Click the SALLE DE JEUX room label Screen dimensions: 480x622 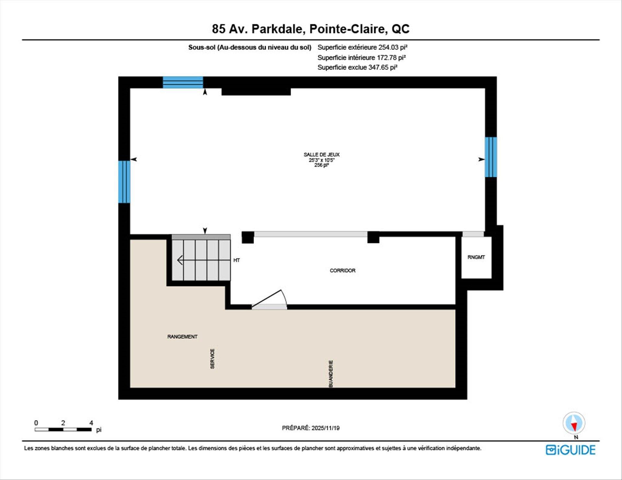point(321,155)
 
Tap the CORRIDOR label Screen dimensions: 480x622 point(342,271)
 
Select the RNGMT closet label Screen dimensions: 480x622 point(476,257)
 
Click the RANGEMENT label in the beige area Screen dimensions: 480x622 point(182,337)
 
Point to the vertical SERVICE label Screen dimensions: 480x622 point(213,359)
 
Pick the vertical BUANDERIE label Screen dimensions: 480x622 point(331,374)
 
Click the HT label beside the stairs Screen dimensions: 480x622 point(236,260)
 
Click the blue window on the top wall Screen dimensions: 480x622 point(183,82)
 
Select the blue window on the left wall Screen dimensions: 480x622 point(124,182)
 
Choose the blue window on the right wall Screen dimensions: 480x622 point(491,157)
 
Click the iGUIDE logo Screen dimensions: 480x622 point(570,450)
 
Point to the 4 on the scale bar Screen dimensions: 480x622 point(91,423)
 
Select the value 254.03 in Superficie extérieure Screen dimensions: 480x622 point(388,47)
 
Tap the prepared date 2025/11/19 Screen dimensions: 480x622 point(325,428)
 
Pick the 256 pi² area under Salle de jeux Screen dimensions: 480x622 point(321,165)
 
